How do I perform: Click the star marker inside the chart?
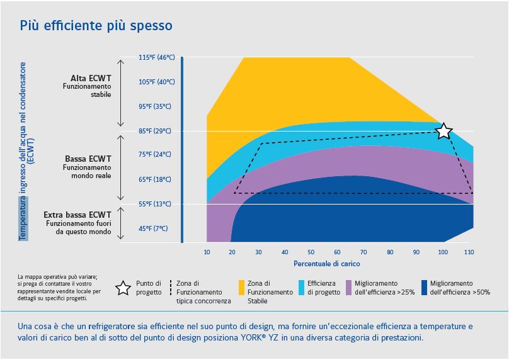pyautogui.click(x=443, y=131)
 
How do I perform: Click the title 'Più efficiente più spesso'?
pyautogui.click(x=96, y=26)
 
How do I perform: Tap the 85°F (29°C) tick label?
pyautogui.click(x=155, y=131)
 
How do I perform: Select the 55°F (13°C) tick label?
pyautogui.click(x=155, y=204)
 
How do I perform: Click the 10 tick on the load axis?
pyautogui.click(x=207, y=252)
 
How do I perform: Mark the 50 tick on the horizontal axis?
pyautogui.click(x=311, y=252)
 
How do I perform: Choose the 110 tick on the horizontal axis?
pyautogui.click(x=468, y=252)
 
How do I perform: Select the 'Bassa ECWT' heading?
pyautogui.click(x=88, y=159)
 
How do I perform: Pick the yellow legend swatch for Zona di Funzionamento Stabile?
pyautogui.click(x=243, y=288)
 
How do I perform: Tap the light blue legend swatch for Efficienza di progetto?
pyautogui.click(x=301, y=288)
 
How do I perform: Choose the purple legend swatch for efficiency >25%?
pyautogui.click(x=350, y=288)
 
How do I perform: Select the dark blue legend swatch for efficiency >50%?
pyautogui.click(x=425, y=288)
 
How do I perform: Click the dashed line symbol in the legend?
pyautogui.click(x=171, y=288)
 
